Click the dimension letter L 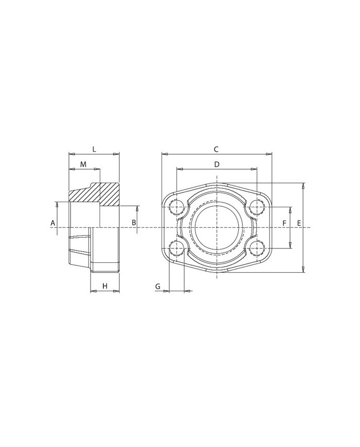click(94, 149)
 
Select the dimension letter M click(83, 164)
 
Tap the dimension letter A click(53, 223)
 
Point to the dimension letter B click(134, 223)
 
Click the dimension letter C click(216, 149)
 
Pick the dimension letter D click(217, 164)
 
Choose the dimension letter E click(299, 223)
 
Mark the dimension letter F click(284, 223)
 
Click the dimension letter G click(158, 286)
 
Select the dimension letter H click(105, 286)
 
